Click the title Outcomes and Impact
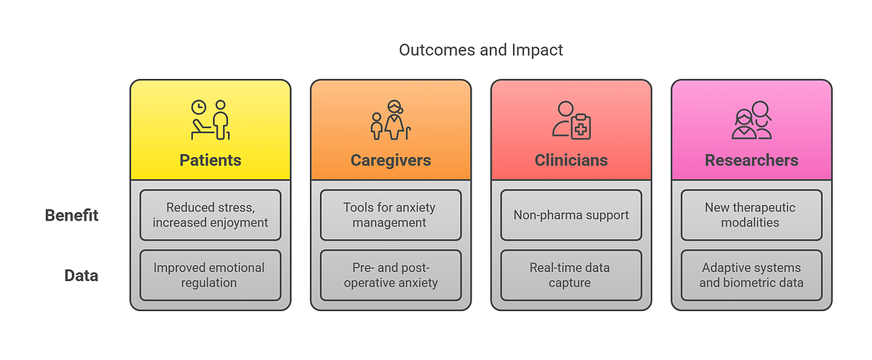(x=481, y=50)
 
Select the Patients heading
(x=211, y=160)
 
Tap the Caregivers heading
(x=390, y=160)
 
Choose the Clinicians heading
(x=571, y=160)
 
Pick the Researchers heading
(x=751, y=160)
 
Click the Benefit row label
(x=72, y=215)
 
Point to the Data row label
(x=81, y=276)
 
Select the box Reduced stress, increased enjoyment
(x=211, y=215)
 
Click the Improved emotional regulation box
(x=211, y=276)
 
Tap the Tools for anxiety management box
(x=390, y=215)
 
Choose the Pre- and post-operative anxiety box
(x=390, y=276)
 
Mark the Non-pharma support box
(x=571, y=215)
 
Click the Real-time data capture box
(x=571, y=276)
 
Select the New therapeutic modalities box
(x=751, y=215)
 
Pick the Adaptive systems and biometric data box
(x=751, y=276)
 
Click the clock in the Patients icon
(x=198, y=107)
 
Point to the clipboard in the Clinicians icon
(x=580, y=126)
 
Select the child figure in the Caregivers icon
(x=377, y=126)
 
